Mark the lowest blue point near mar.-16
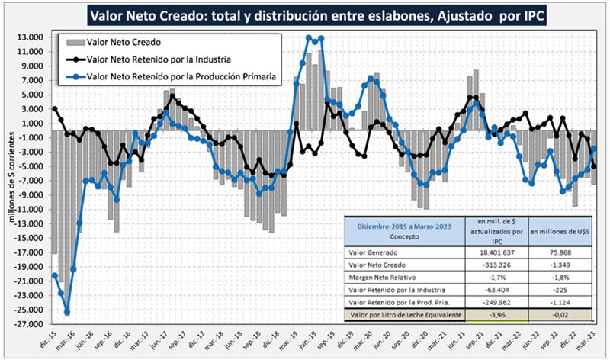pos(67,312)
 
